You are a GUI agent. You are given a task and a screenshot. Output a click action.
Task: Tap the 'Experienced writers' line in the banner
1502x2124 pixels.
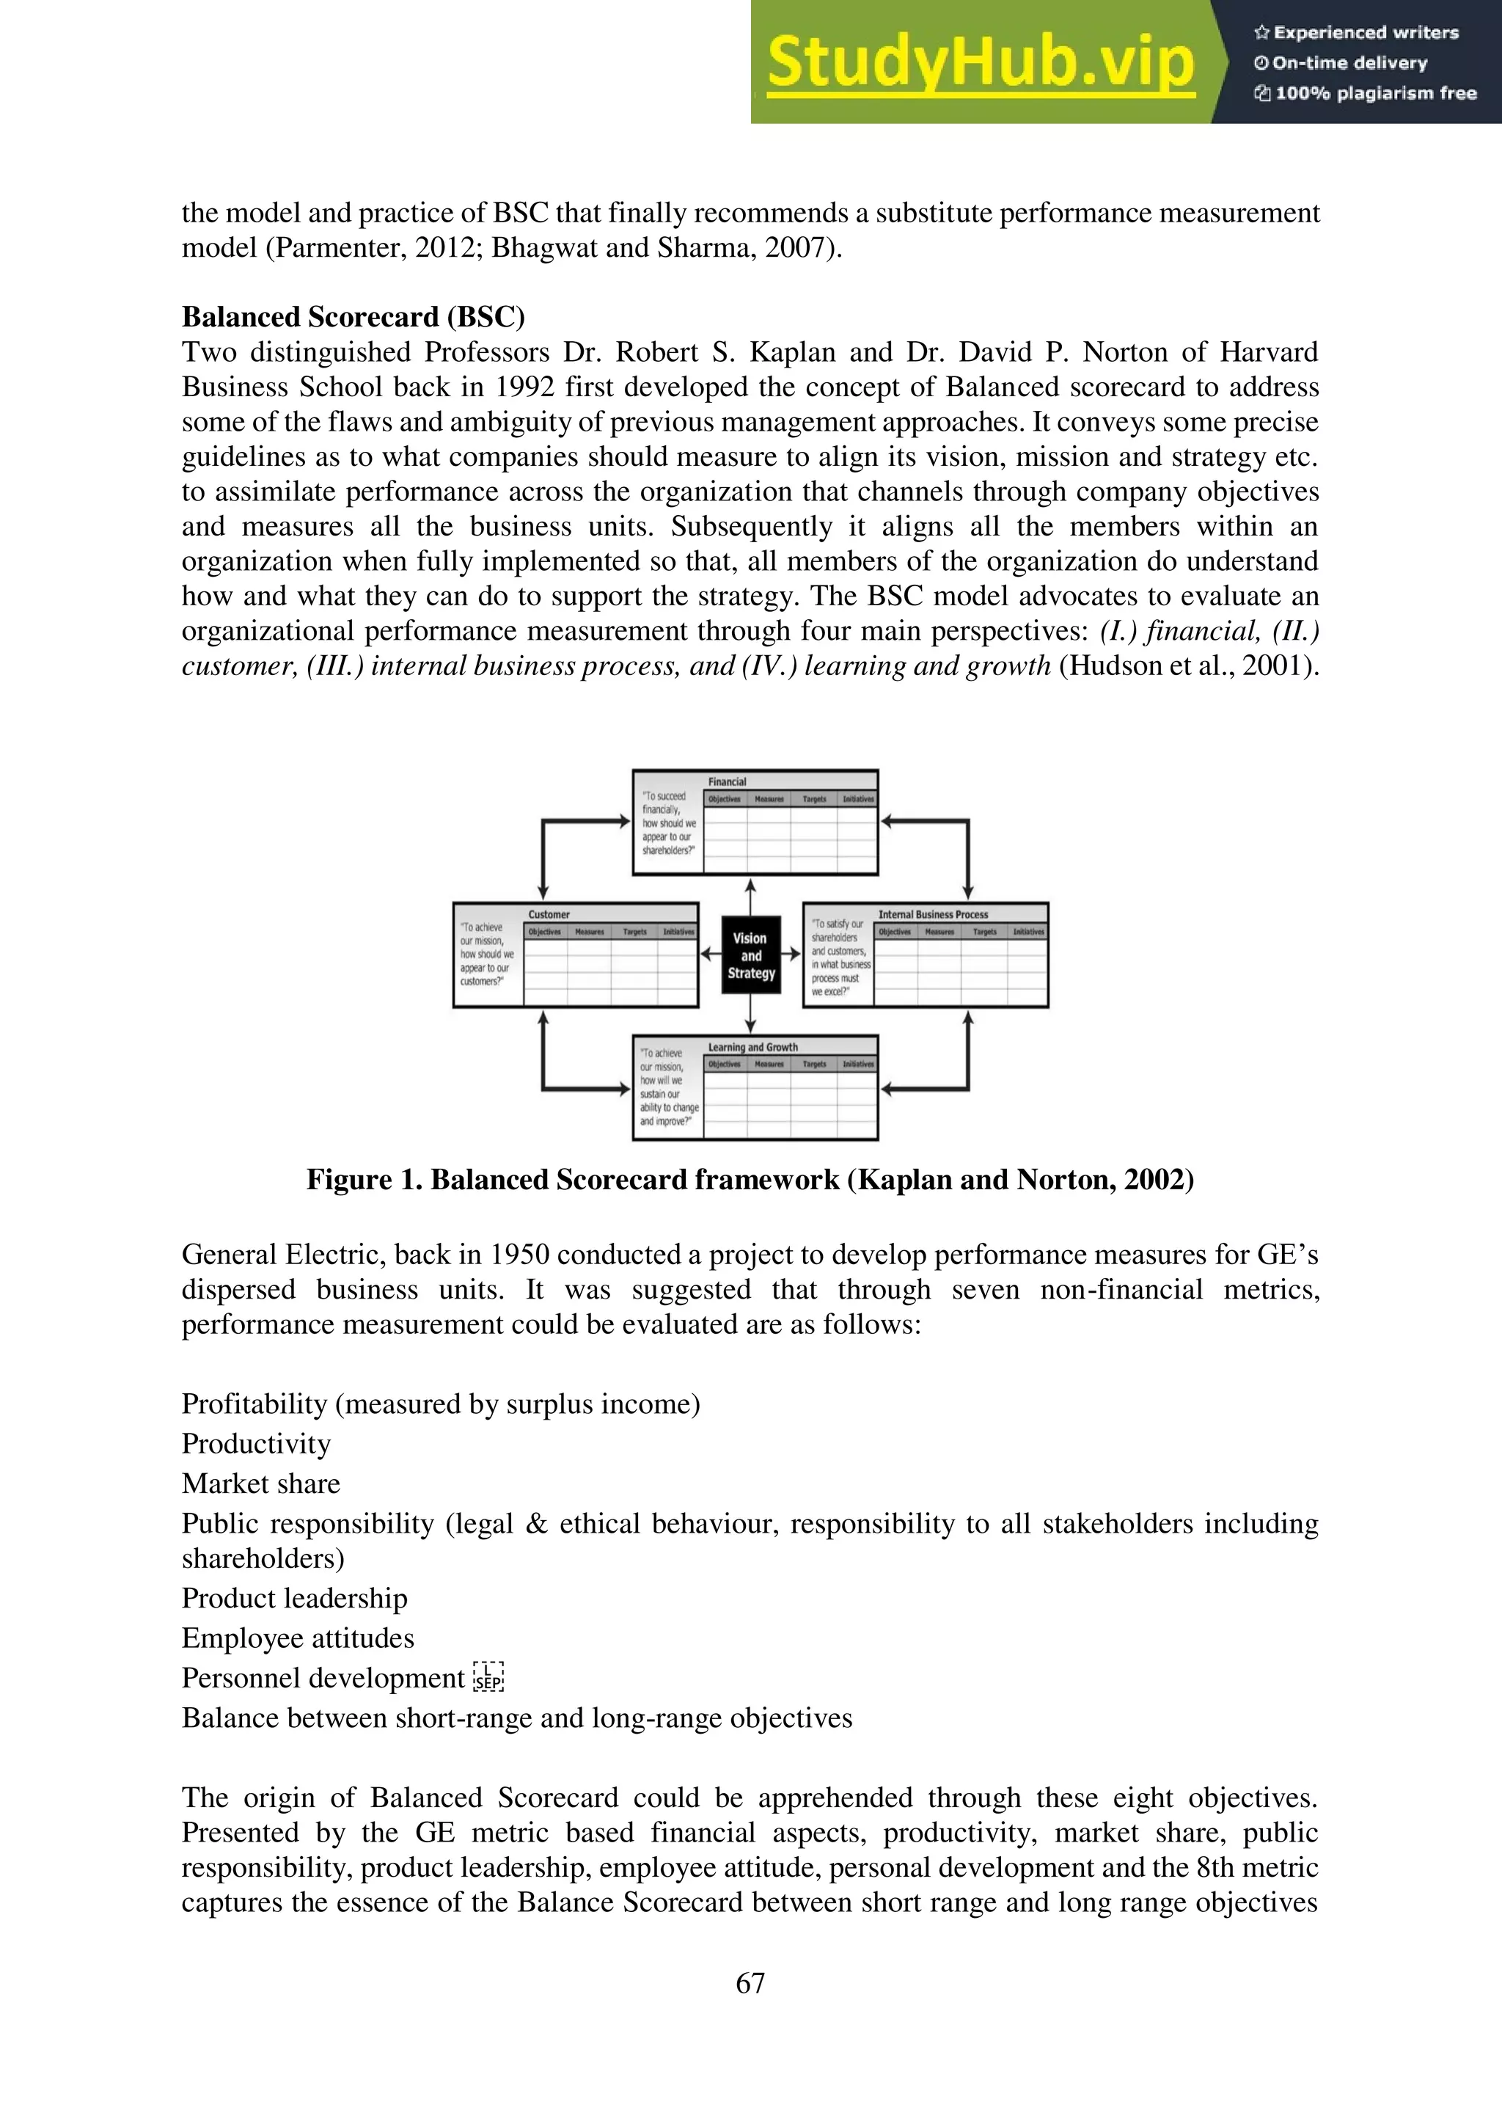[1356, 33]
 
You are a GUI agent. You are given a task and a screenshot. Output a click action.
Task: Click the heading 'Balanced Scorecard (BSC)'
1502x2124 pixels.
[353, 317]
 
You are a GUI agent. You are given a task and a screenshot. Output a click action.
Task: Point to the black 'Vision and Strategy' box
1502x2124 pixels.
[751, 955]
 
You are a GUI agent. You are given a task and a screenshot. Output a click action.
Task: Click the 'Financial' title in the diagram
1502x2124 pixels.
[727, 781]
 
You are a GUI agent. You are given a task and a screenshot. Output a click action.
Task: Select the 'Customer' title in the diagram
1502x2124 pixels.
[549, 914]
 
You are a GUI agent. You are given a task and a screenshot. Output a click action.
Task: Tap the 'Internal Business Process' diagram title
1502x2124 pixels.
[932, 914]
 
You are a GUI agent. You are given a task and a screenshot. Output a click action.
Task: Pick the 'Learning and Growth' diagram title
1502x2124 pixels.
[753, 1047]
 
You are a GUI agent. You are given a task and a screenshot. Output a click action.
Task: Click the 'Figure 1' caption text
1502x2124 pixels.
[750, 1180]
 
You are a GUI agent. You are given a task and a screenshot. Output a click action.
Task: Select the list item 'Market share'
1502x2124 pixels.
[261, 1483]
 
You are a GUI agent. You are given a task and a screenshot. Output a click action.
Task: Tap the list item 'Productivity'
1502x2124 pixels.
[256, 1444]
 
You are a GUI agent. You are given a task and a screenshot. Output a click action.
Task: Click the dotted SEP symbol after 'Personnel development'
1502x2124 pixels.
[488, 1677]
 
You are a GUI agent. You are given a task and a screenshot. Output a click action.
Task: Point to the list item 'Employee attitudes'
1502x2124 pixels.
[298, 1638]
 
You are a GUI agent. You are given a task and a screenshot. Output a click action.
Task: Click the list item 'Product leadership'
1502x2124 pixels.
[294, 1599]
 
